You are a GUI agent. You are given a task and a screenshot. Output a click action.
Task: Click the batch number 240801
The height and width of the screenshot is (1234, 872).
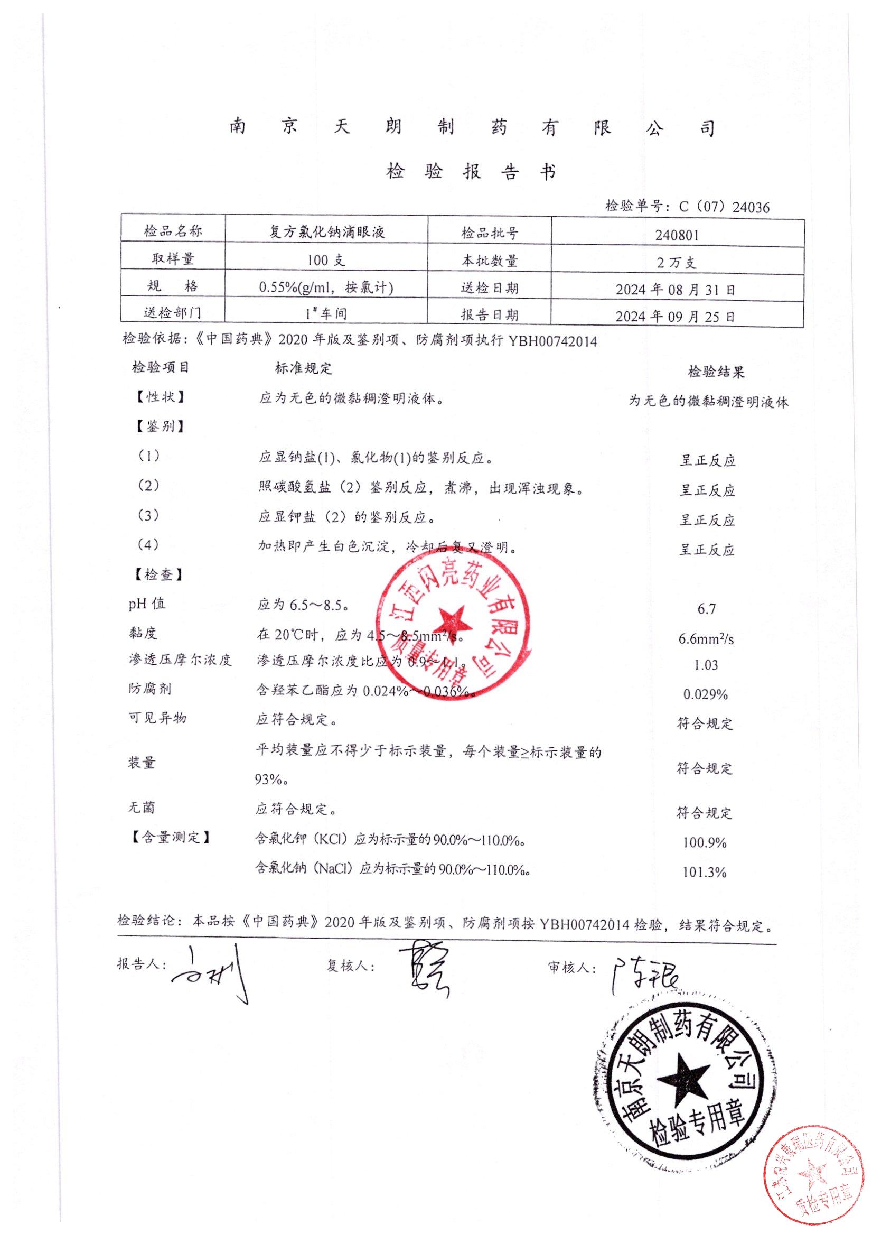click(x=677, y=235)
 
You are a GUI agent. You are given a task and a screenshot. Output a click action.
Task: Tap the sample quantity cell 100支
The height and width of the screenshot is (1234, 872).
click(x=326, y=260)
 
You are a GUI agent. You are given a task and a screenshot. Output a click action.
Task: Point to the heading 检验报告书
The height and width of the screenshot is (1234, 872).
click(x=471, y=172)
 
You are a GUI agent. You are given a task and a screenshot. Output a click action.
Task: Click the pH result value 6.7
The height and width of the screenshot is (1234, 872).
click(x=706, y=608)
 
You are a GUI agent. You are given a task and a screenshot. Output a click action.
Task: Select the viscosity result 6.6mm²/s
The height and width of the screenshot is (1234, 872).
click(x=706, y=638)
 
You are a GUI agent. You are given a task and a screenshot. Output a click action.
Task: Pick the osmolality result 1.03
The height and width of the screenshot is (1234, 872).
click(x=706, y=665)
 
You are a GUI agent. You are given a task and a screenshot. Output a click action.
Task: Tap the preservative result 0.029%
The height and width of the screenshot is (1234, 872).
click(x=705, y=694)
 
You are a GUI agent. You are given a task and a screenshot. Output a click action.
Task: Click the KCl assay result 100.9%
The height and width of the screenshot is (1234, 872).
click(x=705, y=842)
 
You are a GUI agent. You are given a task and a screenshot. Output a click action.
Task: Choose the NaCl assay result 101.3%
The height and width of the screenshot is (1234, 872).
click(x=705, y=872)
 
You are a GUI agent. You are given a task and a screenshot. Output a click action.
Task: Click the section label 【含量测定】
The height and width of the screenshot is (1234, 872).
click(x=169, y=837)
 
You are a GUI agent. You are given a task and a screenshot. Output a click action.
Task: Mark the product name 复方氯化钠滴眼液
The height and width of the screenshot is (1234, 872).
click(x=326, y=232)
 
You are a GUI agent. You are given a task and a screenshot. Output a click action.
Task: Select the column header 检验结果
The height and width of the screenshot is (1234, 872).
click(x=716, y=372)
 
